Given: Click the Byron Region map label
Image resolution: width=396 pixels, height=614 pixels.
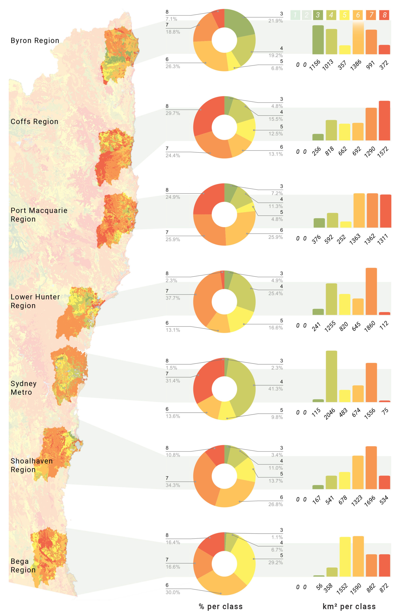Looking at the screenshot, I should pos(35,41).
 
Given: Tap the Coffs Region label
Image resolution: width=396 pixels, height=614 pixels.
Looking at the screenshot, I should pos(34,122).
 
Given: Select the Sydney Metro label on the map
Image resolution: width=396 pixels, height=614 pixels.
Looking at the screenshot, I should pos(23,388).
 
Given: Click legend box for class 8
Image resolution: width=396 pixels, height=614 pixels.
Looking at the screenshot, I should pos(384,15).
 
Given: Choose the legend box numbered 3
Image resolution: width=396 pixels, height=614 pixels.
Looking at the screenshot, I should pos(318,15).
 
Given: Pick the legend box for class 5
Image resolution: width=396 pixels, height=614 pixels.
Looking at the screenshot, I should pos(345,15).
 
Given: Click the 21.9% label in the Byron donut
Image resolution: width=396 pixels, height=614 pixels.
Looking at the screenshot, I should pos(275,21).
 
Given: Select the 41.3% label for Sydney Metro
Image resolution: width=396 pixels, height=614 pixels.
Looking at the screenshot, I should pos(275,389).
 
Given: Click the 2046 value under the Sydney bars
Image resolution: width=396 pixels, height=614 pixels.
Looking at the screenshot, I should pos(330,413).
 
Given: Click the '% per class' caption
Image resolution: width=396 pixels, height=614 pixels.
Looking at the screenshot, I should pos(221,607).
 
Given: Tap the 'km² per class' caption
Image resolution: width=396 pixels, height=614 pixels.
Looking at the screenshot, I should pos(349,607).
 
